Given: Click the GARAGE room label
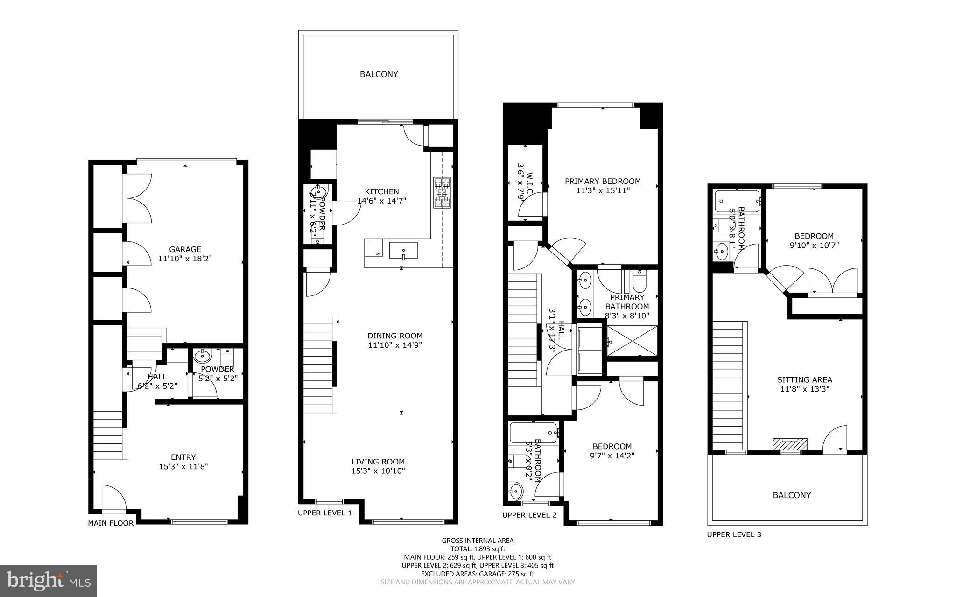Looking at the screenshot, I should coord(185,249).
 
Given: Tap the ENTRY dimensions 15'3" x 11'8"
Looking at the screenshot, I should coord(183,466).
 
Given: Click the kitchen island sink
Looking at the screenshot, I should coord(403,251).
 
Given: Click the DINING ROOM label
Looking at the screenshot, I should coord(394,336).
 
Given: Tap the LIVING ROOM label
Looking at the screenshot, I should coord(378,462).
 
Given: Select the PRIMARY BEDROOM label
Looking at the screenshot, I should coord(603,181).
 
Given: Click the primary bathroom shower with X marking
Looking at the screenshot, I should coord(632,341).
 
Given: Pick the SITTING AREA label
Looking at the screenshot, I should coord(804,380).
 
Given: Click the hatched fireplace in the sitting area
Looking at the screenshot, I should coord(790,444).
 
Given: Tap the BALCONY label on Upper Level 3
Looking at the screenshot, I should coord(792,495).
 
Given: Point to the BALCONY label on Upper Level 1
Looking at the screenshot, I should coord(379,74).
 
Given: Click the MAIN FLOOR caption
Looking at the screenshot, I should coord(111,523).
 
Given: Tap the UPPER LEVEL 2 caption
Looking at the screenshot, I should coord(529,515).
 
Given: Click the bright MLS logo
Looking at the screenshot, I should coord(49,581).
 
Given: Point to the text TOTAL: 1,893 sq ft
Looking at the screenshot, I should coord(478,549).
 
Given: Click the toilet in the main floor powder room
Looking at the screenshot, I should coord(227,358).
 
